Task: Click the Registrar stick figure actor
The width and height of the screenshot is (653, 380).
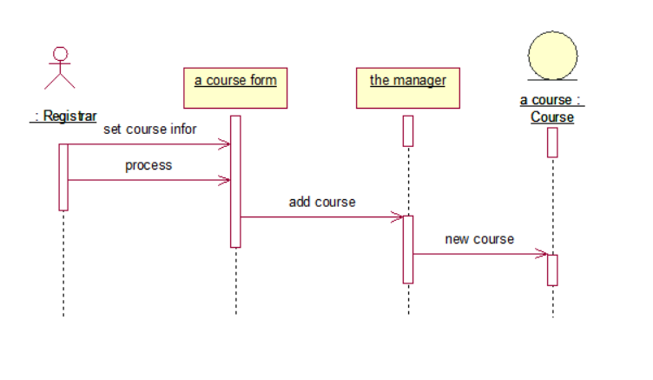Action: click(x=60, y=69)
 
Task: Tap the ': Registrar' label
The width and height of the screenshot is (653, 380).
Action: click(x=63, y=116)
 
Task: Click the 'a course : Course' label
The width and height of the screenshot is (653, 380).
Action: click(x=551, y=109)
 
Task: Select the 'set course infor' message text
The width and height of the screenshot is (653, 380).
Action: click(x=150, y=130)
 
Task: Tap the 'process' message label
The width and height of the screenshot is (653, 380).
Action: click(x=148, y=164)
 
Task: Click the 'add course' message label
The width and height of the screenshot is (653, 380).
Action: click(x=322, y=202)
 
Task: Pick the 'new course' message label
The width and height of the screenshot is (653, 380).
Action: click(x=479, y=239)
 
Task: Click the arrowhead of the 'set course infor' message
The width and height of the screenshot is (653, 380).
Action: click(x=225, y=144)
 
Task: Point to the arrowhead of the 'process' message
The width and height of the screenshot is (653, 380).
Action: click(x=225, y=180)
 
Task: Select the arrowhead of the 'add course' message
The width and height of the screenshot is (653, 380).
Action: click(x=398, y=217)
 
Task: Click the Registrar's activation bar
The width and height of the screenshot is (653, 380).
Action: click(x=63, y=177)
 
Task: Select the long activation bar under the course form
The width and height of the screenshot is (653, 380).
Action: click(x=235, y=181)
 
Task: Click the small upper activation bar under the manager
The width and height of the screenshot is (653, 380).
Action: click(x=408, y=130)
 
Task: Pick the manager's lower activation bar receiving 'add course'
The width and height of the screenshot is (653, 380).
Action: click(x=408, y=249)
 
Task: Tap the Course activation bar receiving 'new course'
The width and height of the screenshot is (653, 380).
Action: click(x=552, y=270)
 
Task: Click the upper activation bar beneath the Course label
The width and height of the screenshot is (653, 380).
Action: click(x=552, y=142)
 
